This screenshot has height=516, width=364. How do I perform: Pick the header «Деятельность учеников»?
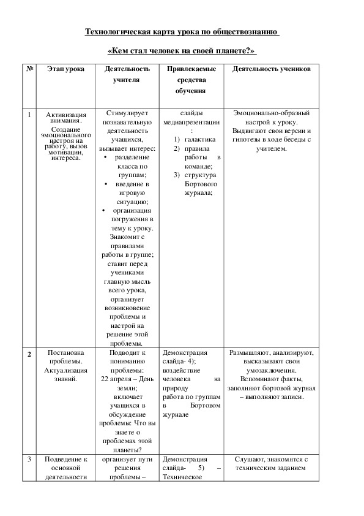[x=272, y=69]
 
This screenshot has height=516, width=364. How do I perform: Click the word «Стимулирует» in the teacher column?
[x=127, y=113]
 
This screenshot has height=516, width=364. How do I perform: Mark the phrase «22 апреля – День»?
[x=127, y=379]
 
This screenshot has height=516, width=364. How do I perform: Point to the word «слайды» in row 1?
[x=192, y=113]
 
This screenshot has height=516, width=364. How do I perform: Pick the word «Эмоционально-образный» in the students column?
[x=272, y=113]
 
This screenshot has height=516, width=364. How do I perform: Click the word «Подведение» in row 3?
[x=65, y=459]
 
